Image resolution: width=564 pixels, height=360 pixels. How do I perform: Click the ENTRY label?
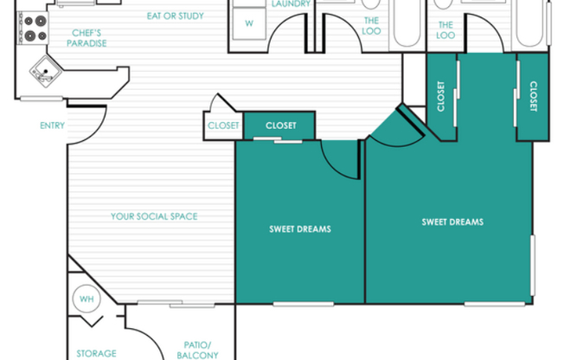[52, 125]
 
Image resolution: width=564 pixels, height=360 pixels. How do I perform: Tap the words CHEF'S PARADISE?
[87, 38]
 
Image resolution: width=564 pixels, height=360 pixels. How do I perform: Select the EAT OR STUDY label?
[176, 16]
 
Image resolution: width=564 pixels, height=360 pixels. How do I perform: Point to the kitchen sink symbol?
[46, 71]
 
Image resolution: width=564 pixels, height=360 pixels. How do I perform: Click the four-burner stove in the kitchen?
[33, 28]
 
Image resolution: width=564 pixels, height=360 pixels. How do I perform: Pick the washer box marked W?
[249, 23]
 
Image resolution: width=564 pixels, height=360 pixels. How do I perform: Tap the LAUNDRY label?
[291, 4]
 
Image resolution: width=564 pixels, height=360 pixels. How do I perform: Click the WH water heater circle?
[87, 299]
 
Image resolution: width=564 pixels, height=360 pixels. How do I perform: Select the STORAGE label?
[96, 353]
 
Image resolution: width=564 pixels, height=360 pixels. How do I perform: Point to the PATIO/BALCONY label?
[197, 350]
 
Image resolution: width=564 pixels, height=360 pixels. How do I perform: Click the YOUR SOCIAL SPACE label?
[154, 216]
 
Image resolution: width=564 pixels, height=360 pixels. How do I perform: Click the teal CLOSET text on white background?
[223, 125]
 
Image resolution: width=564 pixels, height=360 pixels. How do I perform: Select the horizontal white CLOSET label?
[281, 125]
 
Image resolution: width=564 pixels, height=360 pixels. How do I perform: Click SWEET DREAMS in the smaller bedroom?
[300, 229]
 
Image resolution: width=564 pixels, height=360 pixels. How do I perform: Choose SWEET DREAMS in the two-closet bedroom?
[452, 222]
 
